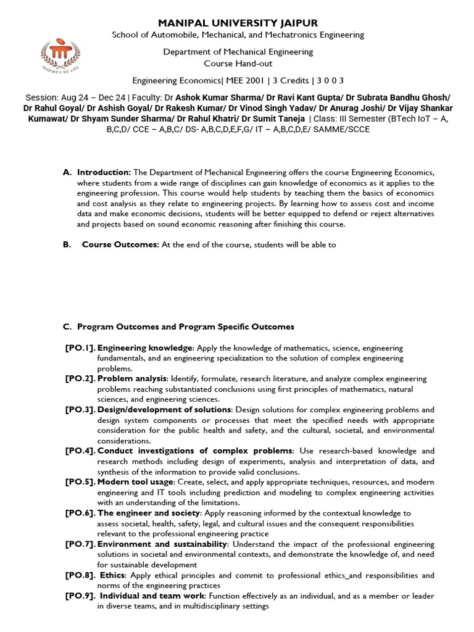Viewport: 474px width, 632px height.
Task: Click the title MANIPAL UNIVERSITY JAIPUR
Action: [x=238, y=23]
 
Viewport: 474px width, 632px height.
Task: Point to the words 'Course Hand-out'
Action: [x=238, y=64]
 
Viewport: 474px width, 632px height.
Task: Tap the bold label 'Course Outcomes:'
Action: [x=121, y=244]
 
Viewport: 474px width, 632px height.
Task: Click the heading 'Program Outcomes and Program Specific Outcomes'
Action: [x=186, y=326]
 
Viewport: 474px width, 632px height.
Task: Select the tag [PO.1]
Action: [x=80, y=348]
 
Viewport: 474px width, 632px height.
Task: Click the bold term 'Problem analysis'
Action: [x=132, y=378]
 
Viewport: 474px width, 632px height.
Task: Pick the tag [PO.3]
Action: [x=80, y=409]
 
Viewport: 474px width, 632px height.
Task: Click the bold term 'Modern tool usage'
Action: [x=136, y=482]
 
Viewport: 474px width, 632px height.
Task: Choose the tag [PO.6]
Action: [x=80, y=513]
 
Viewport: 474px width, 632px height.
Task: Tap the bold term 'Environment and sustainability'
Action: [x=162, y=544]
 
